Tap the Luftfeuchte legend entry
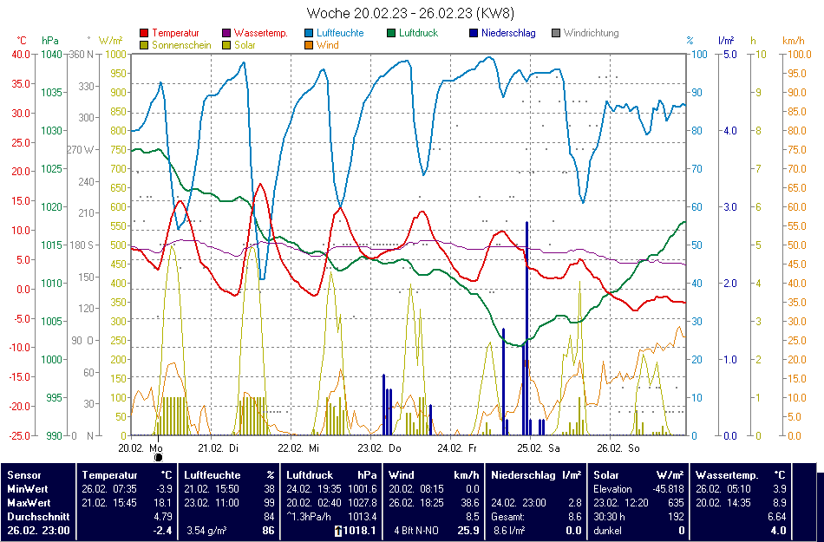339,33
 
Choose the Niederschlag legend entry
508,33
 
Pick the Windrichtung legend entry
591,33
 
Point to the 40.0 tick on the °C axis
19,54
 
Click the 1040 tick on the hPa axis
51,54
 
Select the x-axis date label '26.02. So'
619,448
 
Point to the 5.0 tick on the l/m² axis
729,54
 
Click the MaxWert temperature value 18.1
164,502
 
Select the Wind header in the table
402,474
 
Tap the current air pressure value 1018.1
359,530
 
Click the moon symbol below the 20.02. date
158,457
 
